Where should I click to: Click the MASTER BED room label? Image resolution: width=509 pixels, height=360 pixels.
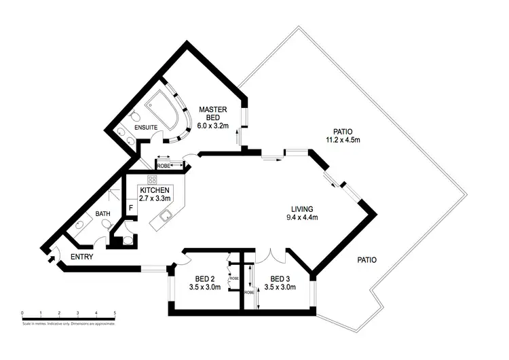tap(212, 112)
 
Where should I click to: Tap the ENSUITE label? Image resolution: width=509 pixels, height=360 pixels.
tap(146, 128)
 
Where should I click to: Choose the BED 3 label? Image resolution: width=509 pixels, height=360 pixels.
tap(282, 278)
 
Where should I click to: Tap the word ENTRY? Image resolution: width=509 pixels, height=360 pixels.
tap(81, 257)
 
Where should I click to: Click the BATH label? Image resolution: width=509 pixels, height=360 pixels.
tap(102, 214)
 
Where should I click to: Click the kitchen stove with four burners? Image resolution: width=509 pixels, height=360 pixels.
tap(153, 180)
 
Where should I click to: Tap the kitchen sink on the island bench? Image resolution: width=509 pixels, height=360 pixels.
tap(166, 217)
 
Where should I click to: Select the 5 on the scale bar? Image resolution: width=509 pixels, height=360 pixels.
tap(115, 313)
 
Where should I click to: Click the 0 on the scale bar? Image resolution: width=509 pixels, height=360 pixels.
tap(22, 313)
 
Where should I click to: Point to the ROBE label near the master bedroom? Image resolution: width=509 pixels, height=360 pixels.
tap(164, 165)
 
